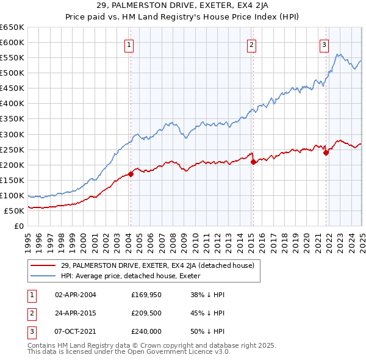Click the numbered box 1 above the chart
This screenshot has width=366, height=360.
tap(130, 44)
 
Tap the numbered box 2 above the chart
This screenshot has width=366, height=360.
tap(251, 44)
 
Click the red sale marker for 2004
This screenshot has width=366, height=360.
tap(131, 174)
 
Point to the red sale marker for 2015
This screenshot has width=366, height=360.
tap(253, 162)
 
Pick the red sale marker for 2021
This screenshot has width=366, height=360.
tap(326, 153)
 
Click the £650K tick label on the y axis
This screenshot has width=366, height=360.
tap(12, 27)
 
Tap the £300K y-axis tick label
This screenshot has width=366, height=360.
tap(12, 134)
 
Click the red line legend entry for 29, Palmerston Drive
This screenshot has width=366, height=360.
tap(161, 265)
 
